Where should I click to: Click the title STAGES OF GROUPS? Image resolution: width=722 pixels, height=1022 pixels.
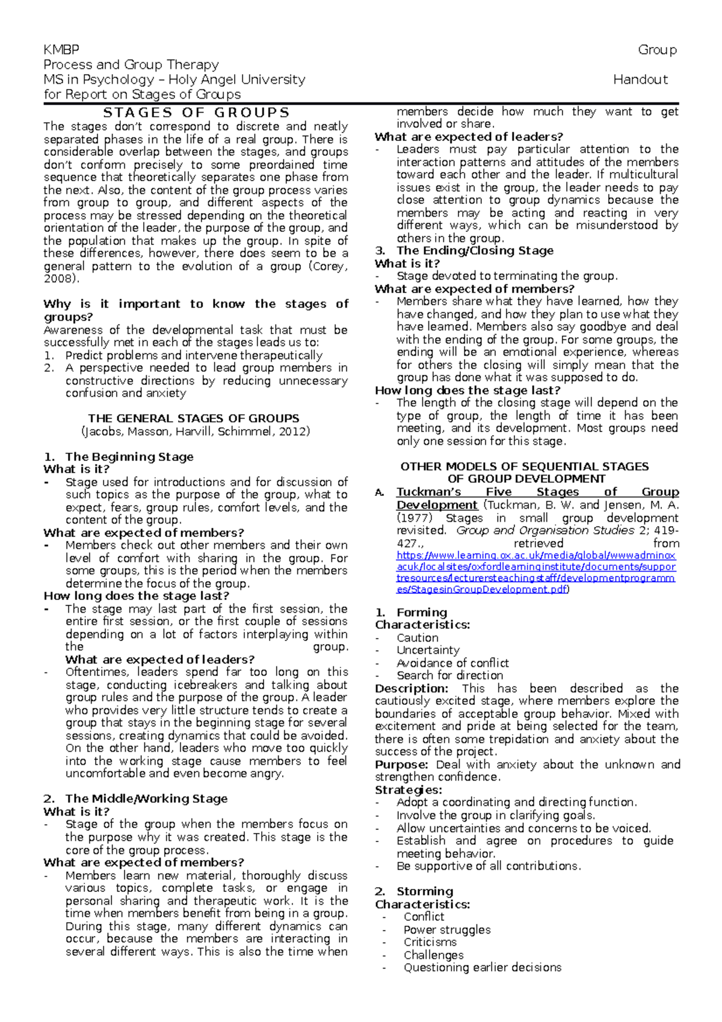[x=196, y=113]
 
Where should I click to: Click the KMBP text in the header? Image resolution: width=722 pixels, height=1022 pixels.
[x=61, y=49]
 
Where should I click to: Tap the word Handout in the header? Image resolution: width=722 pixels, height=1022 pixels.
[x=640, y=79]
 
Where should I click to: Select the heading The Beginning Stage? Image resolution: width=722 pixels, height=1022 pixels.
[x=129, y=457]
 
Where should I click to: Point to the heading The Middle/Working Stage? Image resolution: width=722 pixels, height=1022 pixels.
[x=146, y=799]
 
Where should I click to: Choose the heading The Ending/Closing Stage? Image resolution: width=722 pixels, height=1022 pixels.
[x=475, y=251]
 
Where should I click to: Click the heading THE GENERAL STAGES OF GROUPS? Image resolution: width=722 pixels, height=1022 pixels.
[x=194, y=418]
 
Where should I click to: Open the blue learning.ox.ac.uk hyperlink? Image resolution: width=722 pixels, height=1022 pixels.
[x=535, y=572]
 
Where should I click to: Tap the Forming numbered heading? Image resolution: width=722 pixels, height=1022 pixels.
[x=421, y=612]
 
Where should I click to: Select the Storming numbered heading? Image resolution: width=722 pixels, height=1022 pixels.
[x=424, y=891]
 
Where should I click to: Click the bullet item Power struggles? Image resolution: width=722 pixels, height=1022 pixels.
[x=447, y=930]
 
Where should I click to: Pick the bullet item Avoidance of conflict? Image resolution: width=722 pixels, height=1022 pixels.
[x=452, y=663]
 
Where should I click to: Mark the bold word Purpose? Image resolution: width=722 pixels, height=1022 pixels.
[x=401, y=764]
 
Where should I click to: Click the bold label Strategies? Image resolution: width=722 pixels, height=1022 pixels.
[x=409, y=790]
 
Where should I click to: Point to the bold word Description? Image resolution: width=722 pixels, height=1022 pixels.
[x=412, y=689]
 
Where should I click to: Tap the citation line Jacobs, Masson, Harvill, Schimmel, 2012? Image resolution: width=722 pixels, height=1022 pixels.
[x=196, y=432]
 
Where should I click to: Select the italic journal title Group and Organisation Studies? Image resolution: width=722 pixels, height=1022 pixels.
[x=545, y=531]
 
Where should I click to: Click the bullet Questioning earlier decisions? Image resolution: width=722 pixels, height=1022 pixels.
[x=483, y=968]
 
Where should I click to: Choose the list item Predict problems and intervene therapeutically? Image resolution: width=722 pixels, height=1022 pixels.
[x=194, y=356]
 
